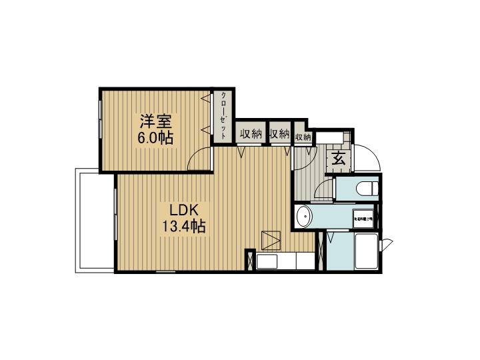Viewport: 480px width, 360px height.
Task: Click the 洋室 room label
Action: coord(156,122)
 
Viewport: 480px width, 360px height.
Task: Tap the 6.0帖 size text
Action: coord(156,139)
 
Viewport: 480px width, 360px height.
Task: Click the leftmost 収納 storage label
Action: coord(250,134)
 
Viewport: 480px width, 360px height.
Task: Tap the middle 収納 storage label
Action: coord(280,134)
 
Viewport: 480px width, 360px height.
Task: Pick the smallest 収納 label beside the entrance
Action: coord(303,137)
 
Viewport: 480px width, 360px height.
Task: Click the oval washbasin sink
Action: coord(304,217)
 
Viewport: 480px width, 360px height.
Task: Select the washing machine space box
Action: coord(364,217)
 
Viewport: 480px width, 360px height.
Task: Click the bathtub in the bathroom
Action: coord(366,251)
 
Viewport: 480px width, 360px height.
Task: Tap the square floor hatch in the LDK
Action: coord(271,238)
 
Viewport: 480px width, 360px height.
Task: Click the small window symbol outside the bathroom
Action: coord(387,244)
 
